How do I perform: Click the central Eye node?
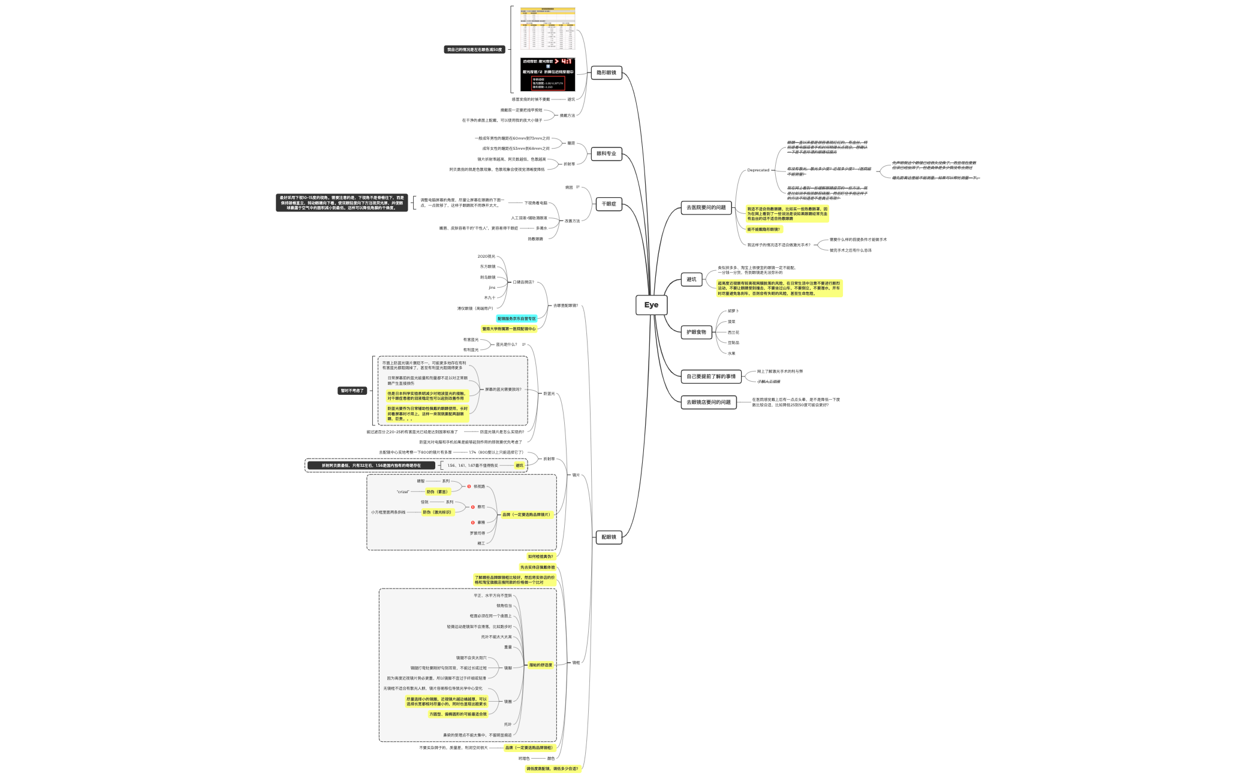click(651, 305)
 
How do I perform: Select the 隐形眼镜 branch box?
click(606, 73)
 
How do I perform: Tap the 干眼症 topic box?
click(609, 204)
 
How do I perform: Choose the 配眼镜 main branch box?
click(609, 537)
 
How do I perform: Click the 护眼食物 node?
click(696, 332)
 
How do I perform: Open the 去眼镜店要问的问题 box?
click(708, 402)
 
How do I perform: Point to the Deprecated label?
click(758, 170)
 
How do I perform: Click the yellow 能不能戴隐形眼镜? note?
click(764, 230)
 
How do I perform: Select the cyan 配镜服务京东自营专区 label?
click(516, 319)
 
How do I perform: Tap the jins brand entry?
click(492, 288)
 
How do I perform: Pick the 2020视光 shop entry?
click(486, 256)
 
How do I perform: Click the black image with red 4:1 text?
click(547, 74)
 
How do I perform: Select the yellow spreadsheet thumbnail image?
click(547, 28)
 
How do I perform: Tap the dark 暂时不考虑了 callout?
click(352, 391)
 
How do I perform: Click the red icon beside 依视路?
click(469, 487)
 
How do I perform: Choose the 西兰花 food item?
click(733, 333)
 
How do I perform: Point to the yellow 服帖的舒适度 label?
click(540, 665)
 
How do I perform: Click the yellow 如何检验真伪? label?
click(540, 557)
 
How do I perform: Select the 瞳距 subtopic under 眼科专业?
click(571, 143)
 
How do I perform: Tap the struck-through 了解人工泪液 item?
click(769, 382)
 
